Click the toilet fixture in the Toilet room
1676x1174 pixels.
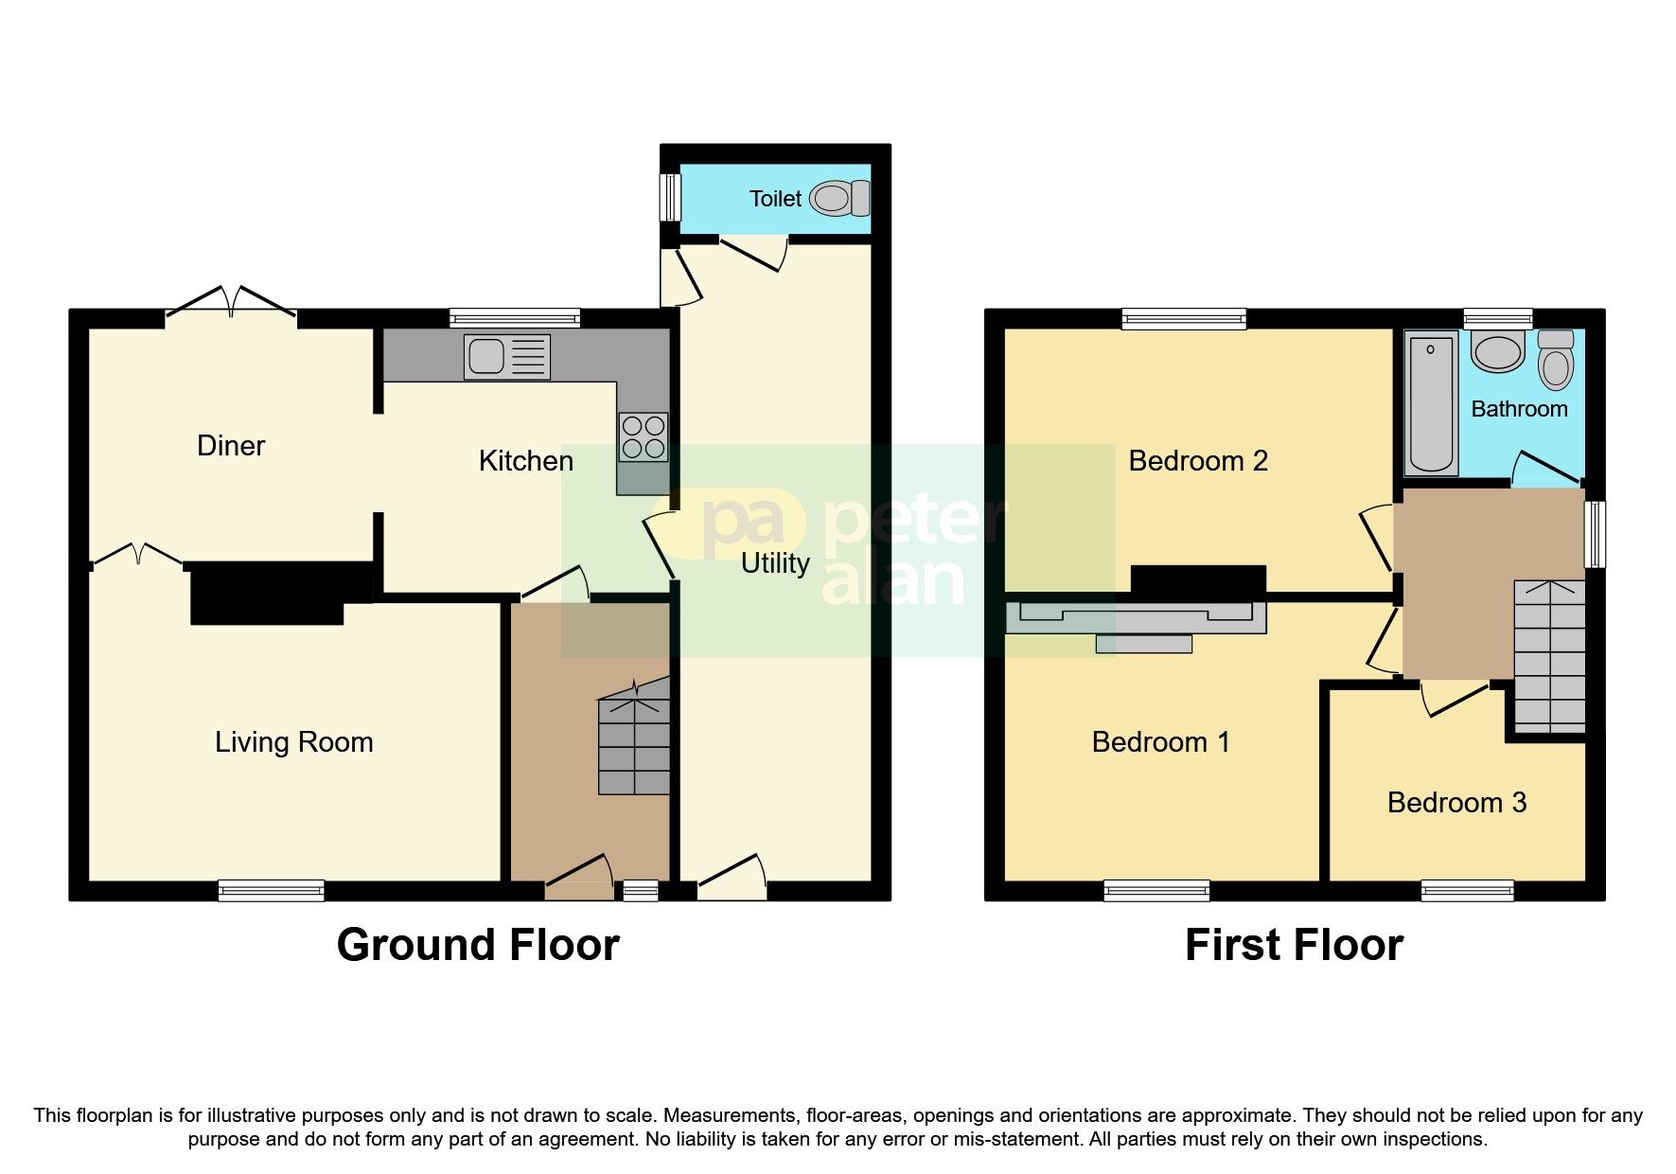tap(838, 199)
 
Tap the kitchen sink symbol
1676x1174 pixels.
tap(506, 357)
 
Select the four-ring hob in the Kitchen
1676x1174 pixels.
tap(644, 437)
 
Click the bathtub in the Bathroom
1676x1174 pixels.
tap(1430, 402)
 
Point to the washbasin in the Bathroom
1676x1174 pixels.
tap(1497, 352)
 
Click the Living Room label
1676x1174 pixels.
tap(293, 742)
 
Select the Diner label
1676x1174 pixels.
tap(231, 446)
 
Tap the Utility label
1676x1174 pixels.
tap(775, 563)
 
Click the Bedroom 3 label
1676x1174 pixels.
tap(1456, 803)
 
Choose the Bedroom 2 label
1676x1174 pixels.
tap(1198, 461)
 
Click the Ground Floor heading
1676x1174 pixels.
tap(478, 945)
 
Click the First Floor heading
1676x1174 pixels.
tap(1294, 945)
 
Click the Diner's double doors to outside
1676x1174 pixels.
tap(231, 301)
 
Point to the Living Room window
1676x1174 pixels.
tap(271, 890)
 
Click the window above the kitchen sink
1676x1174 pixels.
tap(515, 318)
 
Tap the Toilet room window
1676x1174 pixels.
tap(670, 197)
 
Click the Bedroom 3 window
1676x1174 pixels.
tap(1467, 890)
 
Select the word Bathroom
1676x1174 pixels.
tap(1519, 409)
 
